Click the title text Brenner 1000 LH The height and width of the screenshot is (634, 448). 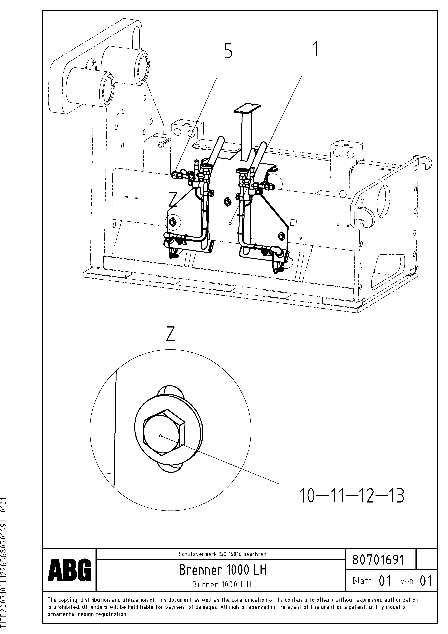point(223,570)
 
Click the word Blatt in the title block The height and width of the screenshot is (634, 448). point(362,581)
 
